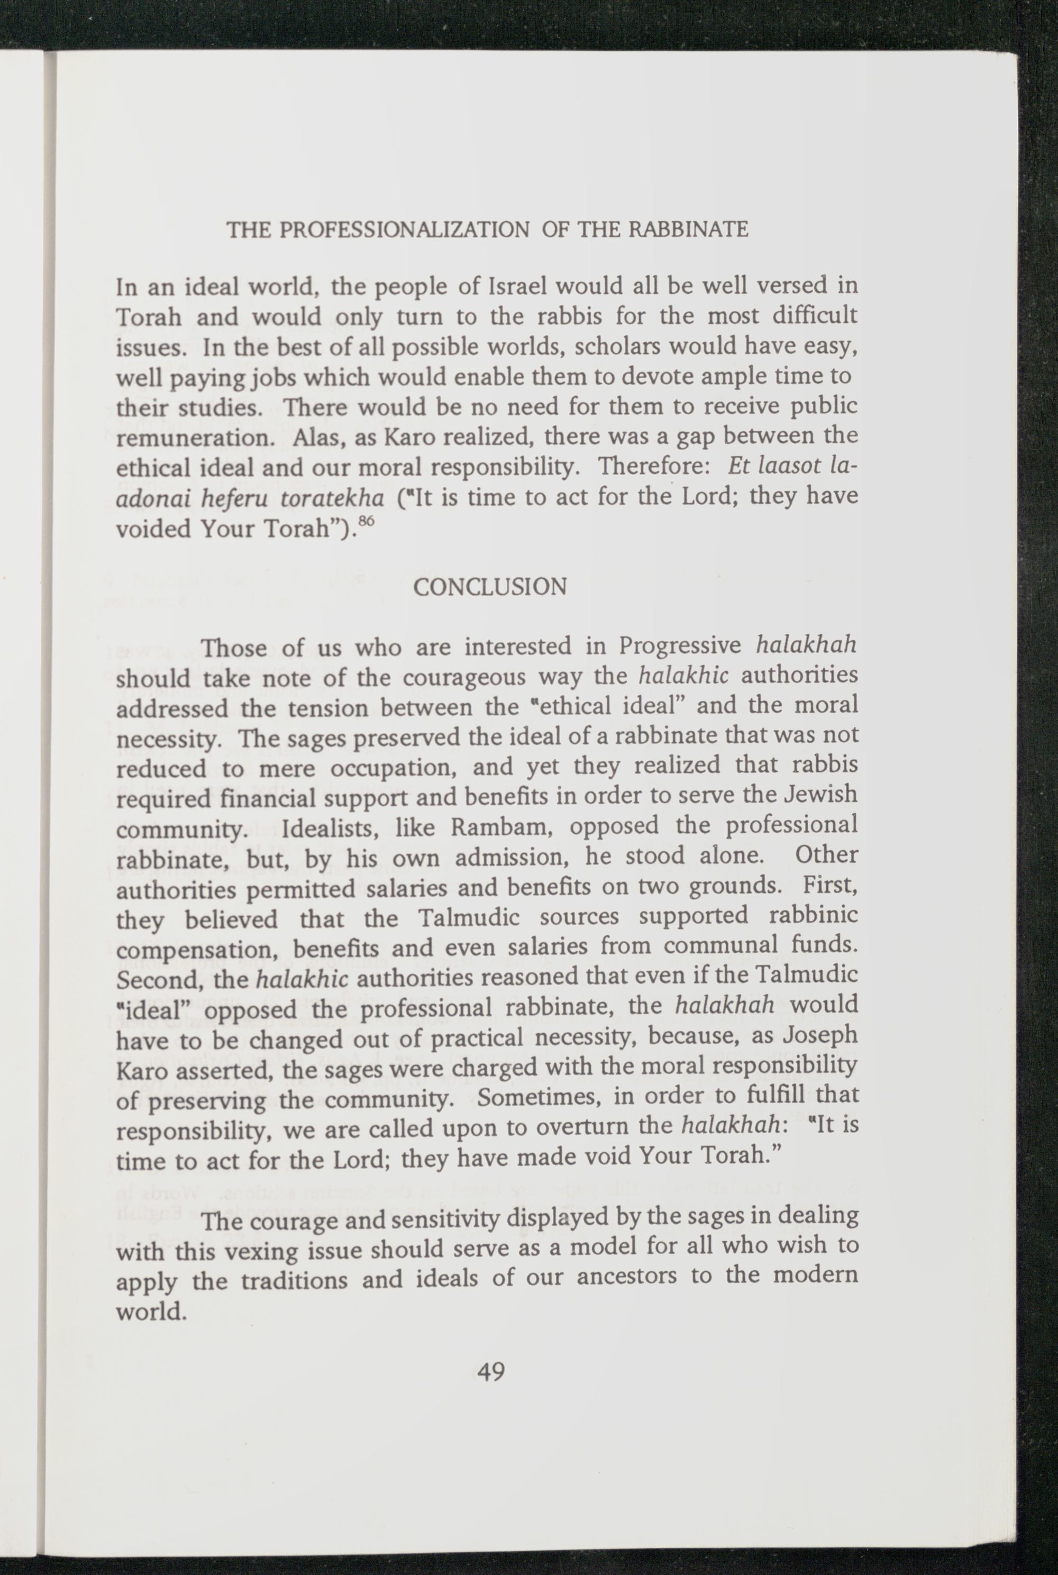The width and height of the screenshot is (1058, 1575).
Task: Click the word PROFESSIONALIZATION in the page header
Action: (404, 230)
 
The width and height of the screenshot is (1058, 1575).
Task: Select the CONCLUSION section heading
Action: (490, 587)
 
